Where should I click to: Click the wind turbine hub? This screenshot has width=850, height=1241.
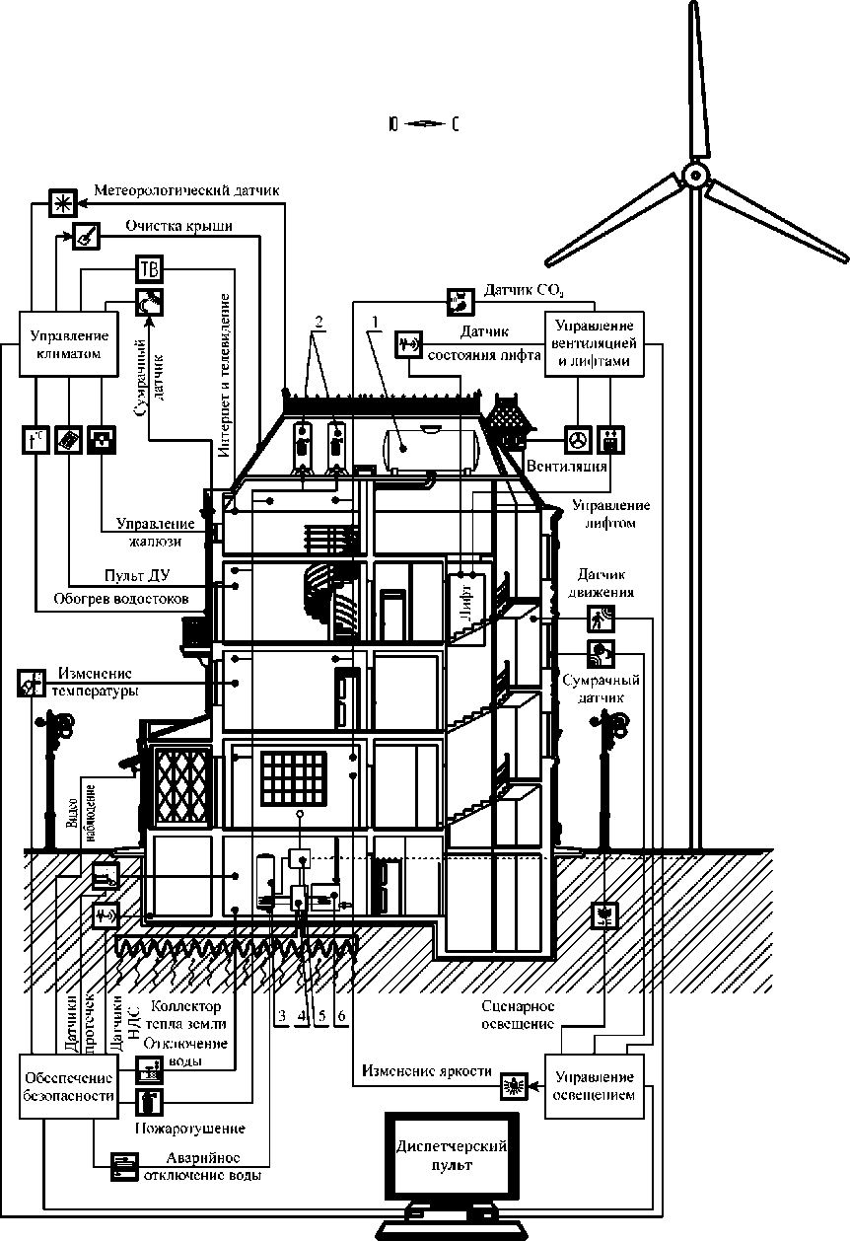(x=695, y=178)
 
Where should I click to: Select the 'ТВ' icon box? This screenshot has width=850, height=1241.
(x=149, y=269)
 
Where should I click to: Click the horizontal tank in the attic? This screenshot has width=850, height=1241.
(x=434, y=445)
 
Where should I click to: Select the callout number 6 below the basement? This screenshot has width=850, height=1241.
(x=341, y=1015)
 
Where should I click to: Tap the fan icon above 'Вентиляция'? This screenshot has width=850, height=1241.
(x=577, y=439)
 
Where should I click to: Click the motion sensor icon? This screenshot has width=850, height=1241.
(x=601, y=619)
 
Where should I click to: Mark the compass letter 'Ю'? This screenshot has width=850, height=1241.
(x=393, y=124)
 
